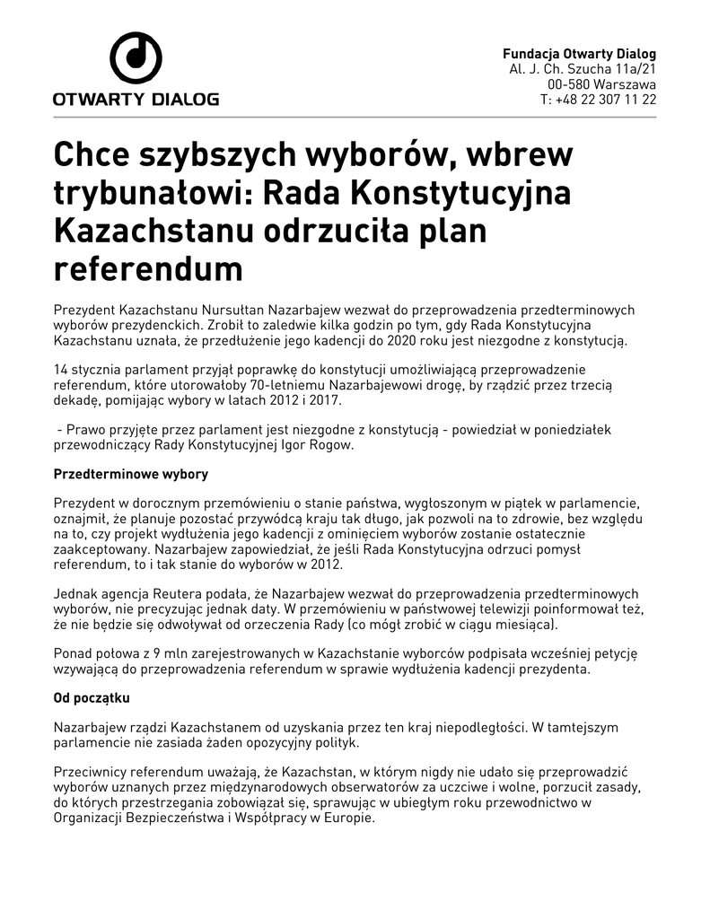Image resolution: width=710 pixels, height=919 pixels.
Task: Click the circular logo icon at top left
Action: (136, 59)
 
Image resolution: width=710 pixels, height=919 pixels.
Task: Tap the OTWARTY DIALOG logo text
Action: (136, 100)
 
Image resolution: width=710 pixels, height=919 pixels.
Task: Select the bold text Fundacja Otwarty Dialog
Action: (579, 54)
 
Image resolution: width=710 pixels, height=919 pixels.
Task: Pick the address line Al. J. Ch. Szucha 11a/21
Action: (583, 69)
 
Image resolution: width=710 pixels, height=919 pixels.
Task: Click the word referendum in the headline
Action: (148, 267)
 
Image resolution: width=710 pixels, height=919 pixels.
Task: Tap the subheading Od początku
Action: (92, 697)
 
